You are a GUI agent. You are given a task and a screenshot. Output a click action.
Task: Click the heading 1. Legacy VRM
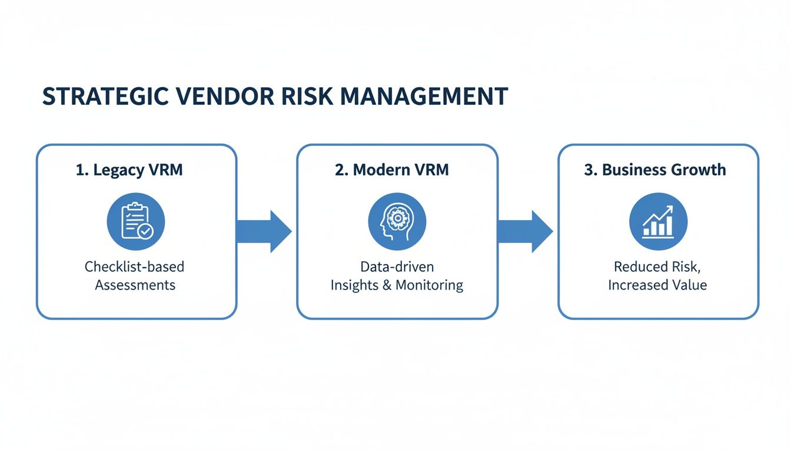[x=129, y=170]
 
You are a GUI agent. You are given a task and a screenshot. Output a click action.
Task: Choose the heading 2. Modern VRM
[x=392, y=170]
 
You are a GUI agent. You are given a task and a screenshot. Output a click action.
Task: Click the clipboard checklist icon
[x=136, y=221]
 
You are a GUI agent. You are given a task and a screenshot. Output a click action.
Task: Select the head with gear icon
[x=397, y=221]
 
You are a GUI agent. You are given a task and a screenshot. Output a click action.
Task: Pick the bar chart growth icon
[x=658, y=221]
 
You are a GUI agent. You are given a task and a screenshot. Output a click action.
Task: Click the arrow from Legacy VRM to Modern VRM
[x=264, y=231]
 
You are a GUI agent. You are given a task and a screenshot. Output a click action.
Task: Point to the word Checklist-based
[x=135, y=267]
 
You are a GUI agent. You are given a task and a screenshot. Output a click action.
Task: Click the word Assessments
[x=135, y=285]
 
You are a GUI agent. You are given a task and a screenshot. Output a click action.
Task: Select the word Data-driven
[x=397, y=267]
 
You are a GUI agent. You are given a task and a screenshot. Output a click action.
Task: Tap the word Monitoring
[x=429, y=285]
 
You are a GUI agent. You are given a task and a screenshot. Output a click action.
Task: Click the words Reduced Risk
[x=657, y=267]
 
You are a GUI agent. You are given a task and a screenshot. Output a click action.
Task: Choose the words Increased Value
[x=657, y=285]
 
